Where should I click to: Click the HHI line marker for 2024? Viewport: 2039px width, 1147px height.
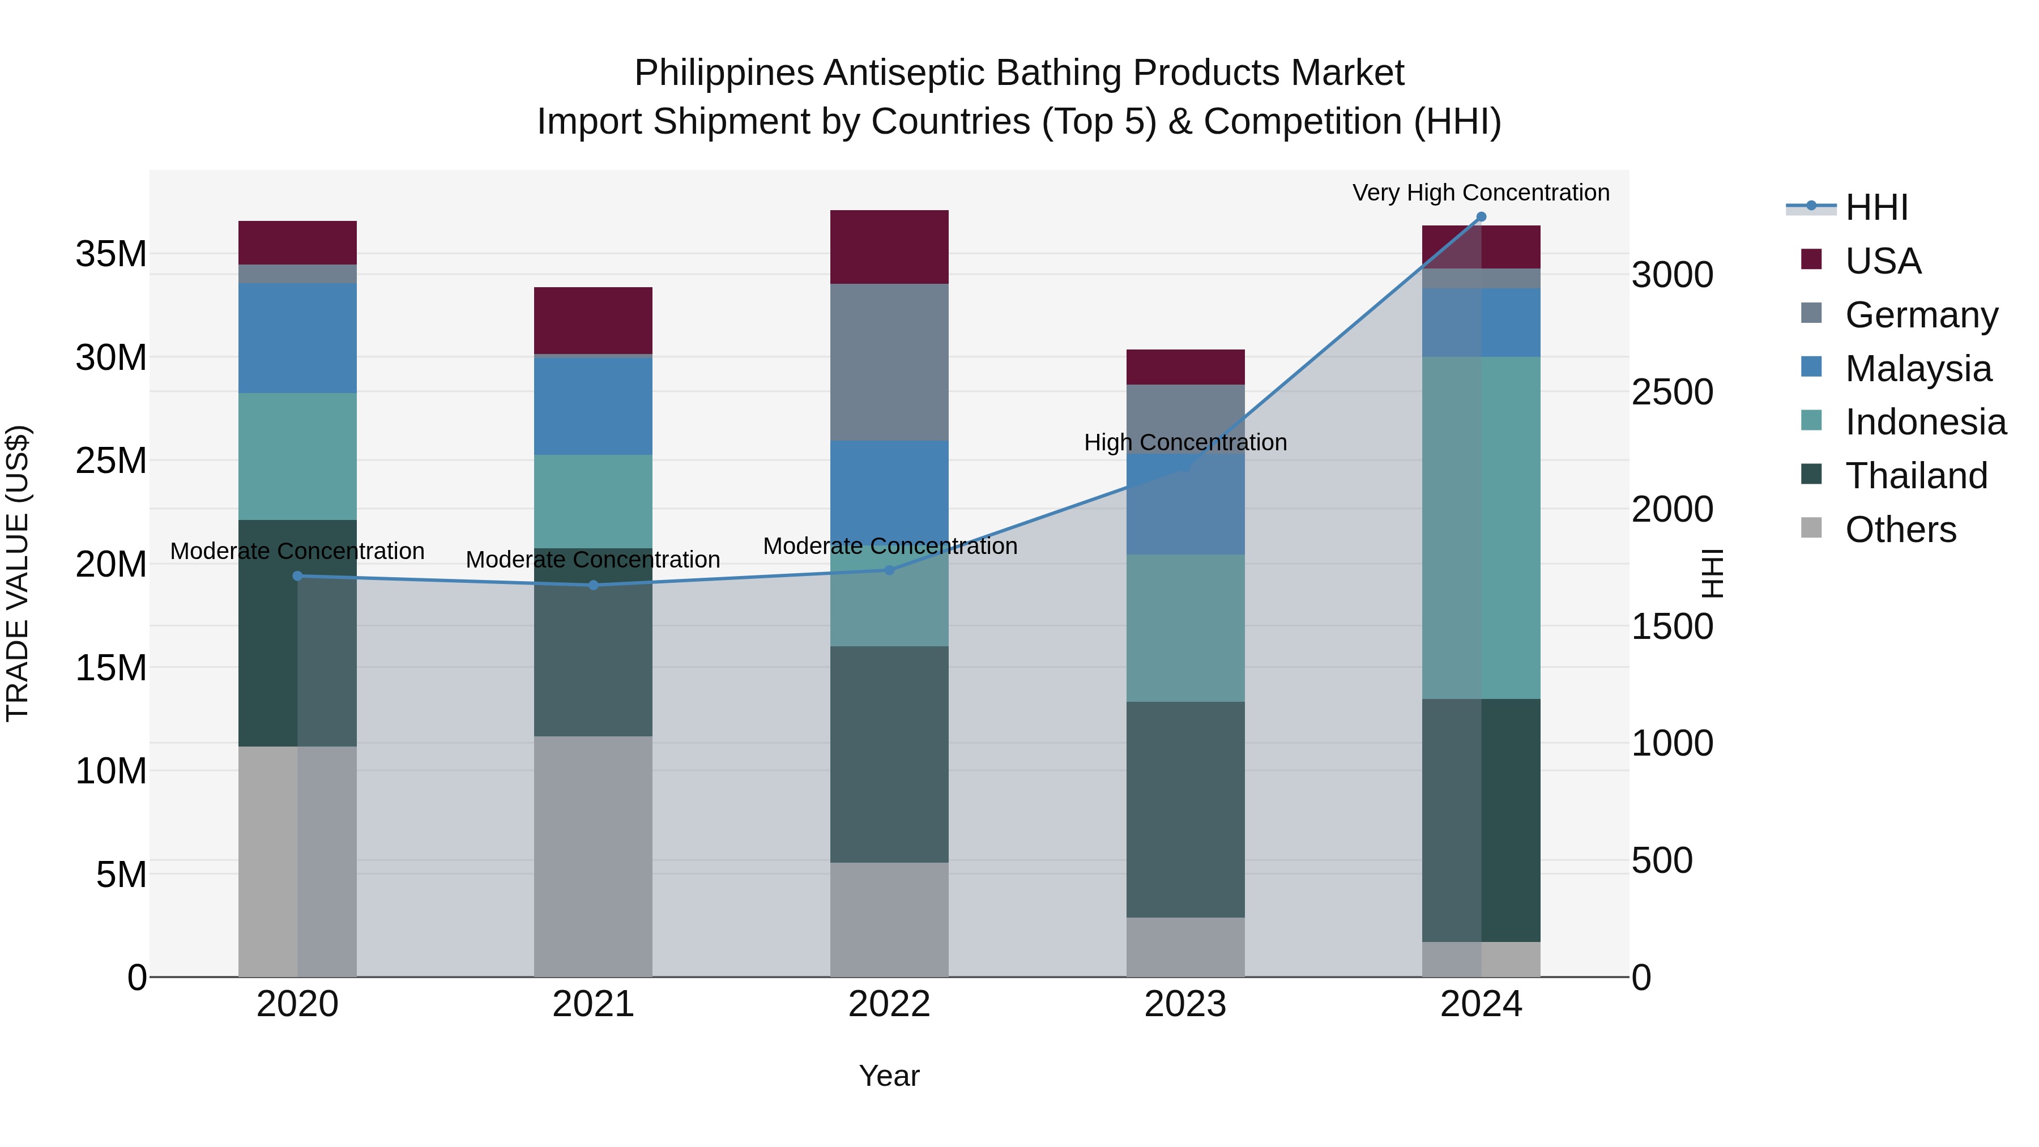pos(1481,217)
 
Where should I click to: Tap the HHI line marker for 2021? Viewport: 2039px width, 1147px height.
pos(593,585)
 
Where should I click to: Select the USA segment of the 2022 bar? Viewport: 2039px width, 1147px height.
pos(889,247)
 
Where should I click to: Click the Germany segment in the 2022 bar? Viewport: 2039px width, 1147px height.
pos(889,362)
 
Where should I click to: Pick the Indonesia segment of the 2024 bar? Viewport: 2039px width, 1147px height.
pos(1481,527)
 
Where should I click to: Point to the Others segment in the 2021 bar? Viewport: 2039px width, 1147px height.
pos(593,856)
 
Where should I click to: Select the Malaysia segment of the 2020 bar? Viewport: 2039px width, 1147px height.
pos(297,338)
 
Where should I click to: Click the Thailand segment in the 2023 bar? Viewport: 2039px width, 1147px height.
pos(1185,809)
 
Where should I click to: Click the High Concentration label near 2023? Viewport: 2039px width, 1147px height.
pos(1185,442)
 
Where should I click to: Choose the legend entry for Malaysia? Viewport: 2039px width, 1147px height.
pos(1917,369)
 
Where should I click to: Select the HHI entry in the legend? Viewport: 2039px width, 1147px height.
pos(1876,207)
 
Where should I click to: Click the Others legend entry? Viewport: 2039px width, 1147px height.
pos(1900,530)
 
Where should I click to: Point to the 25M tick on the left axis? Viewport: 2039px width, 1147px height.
pos(111,460)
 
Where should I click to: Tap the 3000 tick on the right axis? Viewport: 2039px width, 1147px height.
pos(1672,275)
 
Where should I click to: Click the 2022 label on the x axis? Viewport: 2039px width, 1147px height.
pos(889,1004)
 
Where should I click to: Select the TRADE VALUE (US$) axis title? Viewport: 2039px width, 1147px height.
pos(18,573)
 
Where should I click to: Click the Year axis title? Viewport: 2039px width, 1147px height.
pos(889,1076)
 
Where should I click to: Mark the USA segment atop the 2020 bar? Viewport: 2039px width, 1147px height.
pos(297,242)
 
